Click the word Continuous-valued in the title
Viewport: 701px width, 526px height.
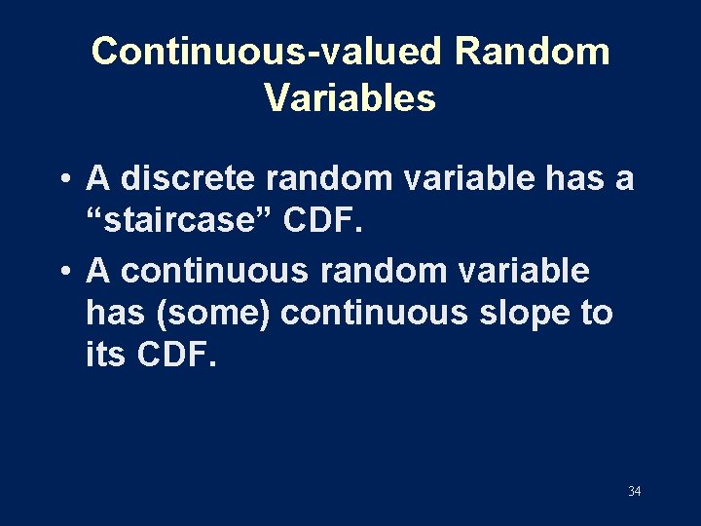click(267, 51)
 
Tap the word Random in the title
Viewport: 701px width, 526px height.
click(532, 51)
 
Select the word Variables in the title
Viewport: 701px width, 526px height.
click(350, 98)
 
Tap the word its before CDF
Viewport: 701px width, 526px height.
click(106, 356)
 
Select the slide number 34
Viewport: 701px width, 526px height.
click(634, 491)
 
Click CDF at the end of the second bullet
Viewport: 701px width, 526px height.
click(178, 356)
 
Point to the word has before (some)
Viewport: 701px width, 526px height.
click(109, 314)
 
